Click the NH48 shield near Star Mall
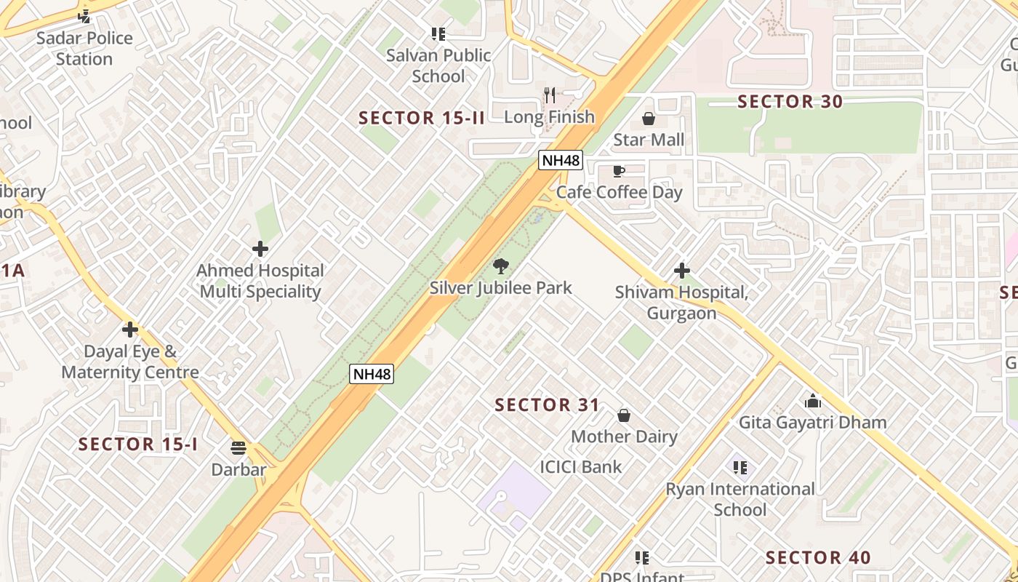[x=561, y=160]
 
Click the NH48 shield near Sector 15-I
[x=372, y=375]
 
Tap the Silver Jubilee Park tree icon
[x=501, y=266]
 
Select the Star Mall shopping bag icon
[x=649, y=118]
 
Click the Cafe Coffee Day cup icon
[x=619, y=171]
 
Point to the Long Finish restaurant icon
[x=550, y=95]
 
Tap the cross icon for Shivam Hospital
[x=681, y=271]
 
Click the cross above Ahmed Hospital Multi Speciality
[x=260, y=249]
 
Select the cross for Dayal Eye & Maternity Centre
[x=130, y=330]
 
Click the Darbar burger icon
[x=239, y=448]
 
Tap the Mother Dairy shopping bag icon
[x=624, y=415]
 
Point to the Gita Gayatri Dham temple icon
[x=812, y=401]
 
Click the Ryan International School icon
[x=740, y=467]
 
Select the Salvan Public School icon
[x=438, y=33]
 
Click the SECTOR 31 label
[x=548, y=405]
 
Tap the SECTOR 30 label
[x=790, y=102]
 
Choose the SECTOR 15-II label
[x=422, y=118]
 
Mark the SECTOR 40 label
[x=818, y=558]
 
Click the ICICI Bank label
[x=581, y=467]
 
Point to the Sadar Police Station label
[x=84, y=48]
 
